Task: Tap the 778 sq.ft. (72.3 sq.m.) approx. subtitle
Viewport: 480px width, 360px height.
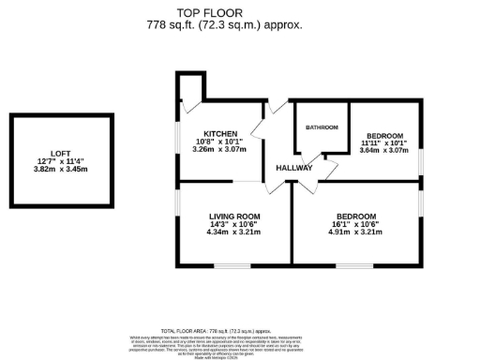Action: (239, 25)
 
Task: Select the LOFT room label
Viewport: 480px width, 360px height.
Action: (60, 152)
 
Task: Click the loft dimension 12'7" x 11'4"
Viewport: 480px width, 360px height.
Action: (60, 161)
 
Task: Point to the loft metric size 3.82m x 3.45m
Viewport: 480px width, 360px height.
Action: (60, 170)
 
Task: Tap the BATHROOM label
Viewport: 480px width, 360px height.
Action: (322, 127)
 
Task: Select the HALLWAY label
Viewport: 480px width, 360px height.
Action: (293, 168)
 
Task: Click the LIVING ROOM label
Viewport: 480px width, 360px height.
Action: (234, 217)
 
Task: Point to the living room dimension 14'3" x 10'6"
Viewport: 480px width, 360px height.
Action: (234, 225)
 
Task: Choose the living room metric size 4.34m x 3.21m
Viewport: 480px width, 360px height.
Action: (234, 232)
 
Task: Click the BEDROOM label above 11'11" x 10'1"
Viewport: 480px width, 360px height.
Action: (384, 135)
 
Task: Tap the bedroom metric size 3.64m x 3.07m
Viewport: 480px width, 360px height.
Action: (384, 150)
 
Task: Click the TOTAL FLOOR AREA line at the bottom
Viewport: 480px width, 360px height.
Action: (239, 331)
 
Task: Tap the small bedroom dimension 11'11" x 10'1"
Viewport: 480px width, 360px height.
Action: (384, 142)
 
